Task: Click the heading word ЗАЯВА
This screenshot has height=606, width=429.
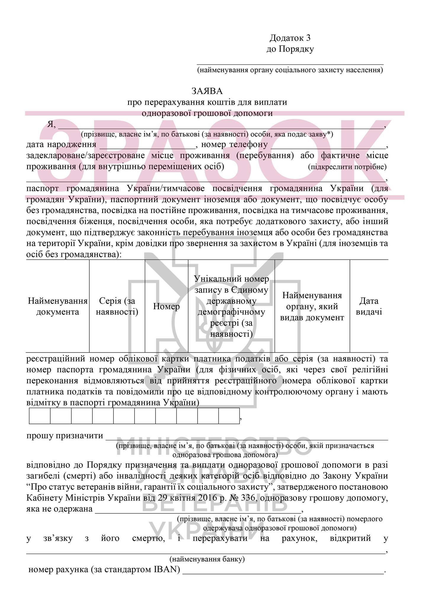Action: pyautogui.click(x=207, y=91)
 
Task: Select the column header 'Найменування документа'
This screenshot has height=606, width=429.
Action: pyautogui.click(x=58, y=307)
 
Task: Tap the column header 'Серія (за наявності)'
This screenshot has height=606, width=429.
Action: pyautogui.click(x=117, y=307)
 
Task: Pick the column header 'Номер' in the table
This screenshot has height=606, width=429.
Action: pyautogui.click(x=167, y=306)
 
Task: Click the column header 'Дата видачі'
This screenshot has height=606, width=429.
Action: pyautogui.click(x=369, y=307)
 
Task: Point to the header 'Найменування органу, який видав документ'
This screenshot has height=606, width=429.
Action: pyautogui.click(x=312, y=307)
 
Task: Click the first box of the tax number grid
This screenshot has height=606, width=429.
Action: pyautogui.click(x=40, y=416)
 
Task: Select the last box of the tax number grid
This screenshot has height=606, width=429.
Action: pyautogui.click(x=229, y=416)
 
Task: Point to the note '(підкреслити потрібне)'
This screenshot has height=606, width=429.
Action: pyautogui.click(x=347, y=167)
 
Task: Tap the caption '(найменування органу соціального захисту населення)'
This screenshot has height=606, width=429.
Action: pyautogui.click(x=290, y=70)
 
